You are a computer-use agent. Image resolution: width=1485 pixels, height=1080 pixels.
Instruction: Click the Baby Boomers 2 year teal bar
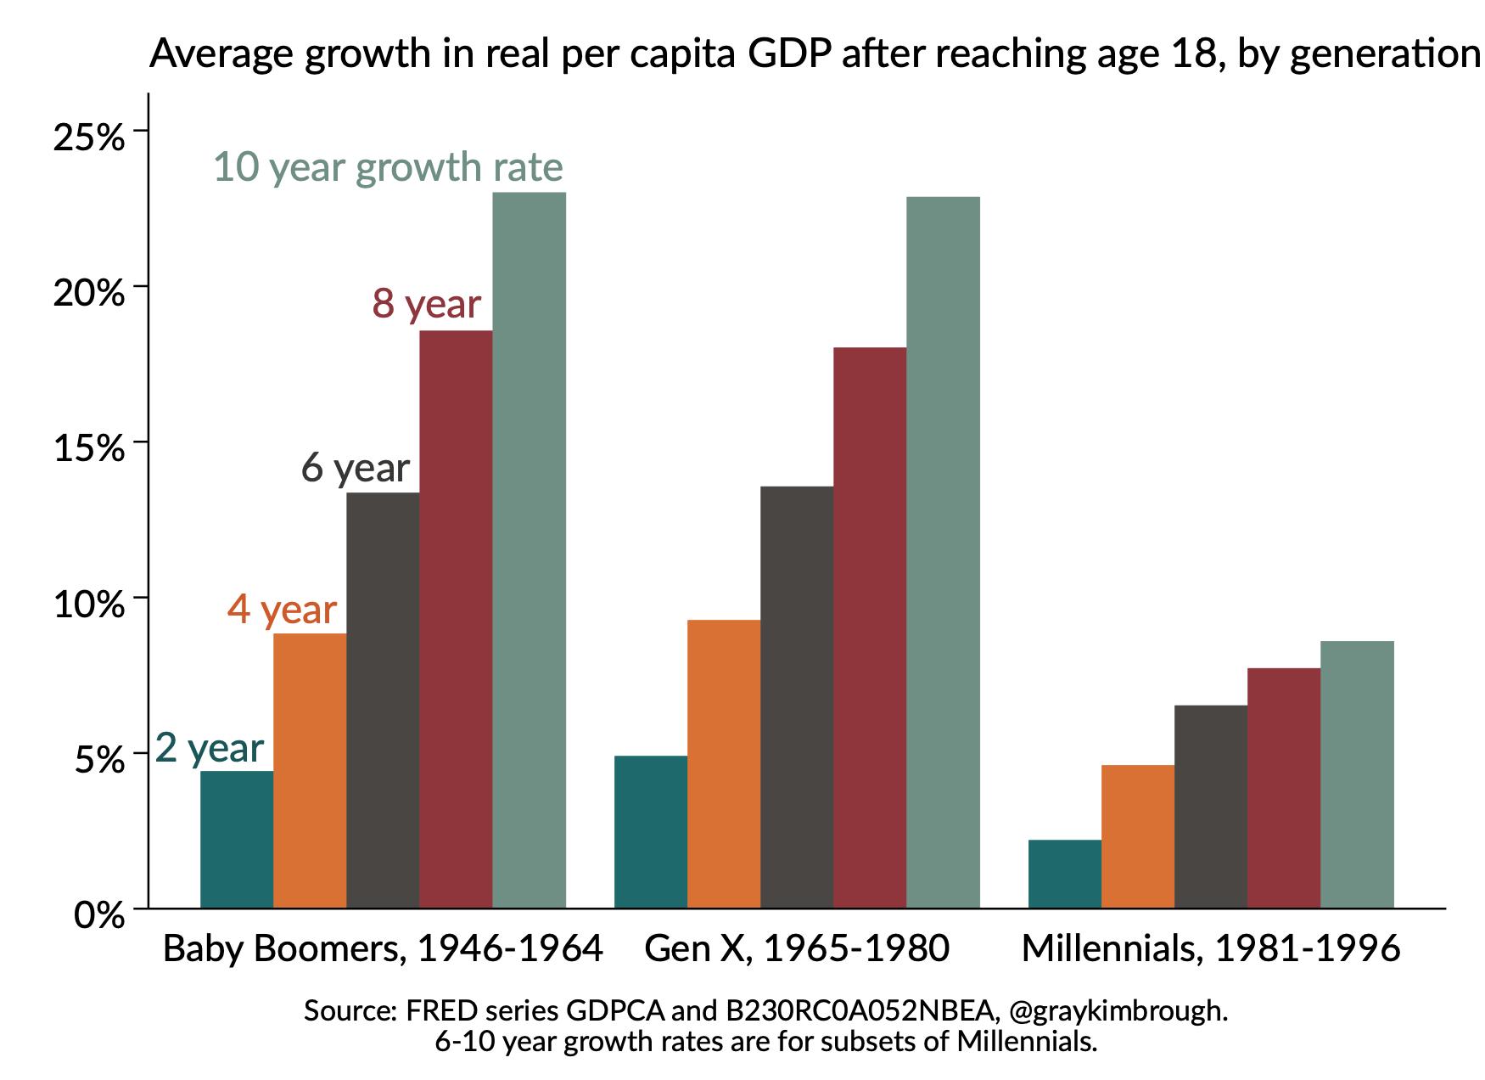(x=237, y=839)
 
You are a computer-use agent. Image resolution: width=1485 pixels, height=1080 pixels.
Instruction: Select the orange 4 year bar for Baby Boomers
(x=310, y=770)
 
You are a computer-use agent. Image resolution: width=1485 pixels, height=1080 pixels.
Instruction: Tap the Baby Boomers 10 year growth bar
(x=529, y=550)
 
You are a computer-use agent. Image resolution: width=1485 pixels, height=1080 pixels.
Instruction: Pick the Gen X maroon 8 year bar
(x=869, y=627)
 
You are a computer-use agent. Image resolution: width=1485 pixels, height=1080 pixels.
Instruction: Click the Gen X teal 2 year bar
(x=650, y=831)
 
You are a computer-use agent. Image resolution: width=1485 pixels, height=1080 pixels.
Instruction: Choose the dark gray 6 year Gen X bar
(x=796, y=696)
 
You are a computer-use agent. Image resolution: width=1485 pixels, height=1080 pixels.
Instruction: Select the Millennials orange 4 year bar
(x=1137, y=836)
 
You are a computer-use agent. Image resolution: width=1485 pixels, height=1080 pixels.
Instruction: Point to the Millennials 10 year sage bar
(x=1356, y=774)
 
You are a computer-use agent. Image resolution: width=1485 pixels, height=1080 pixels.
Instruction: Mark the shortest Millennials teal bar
(x=1064, y=874)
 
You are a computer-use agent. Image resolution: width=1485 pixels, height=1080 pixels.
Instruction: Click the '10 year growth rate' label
(x=388, y=167)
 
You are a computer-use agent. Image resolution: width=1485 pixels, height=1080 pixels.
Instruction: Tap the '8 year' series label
(x=426, y=304)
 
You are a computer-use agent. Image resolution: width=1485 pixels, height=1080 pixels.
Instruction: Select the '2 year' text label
(x=210, y=748)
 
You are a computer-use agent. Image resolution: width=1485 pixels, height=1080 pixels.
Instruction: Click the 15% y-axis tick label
(x=88, y=447)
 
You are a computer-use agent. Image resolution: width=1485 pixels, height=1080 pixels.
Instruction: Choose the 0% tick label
(x=99, y=915)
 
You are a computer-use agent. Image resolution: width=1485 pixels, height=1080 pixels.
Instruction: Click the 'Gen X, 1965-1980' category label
(x=796, y=948)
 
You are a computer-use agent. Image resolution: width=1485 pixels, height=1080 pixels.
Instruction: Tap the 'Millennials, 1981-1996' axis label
(x=1210, y=948)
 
